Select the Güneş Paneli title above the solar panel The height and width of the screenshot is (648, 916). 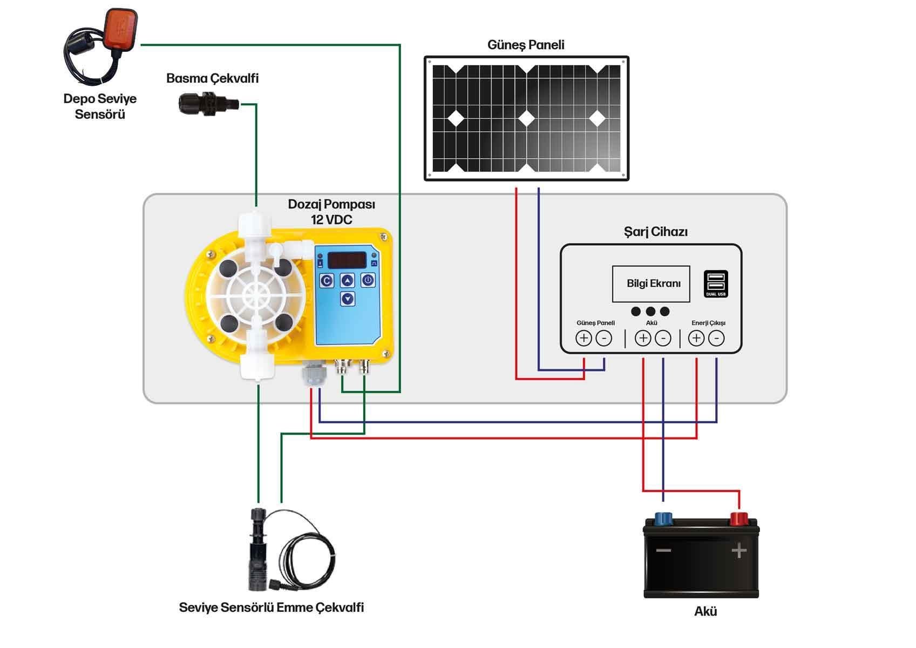pyautogui.click(x=526, y=45)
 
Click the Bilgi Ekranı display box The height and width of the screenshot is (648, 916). pyautogui.click(x=651, y=283)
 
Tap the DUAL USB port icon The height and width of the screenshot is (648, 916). pyautogui.click(x=716, y=283)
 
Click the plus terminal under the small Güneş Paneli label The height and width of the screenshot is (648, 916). pyautogui.click(x=583, y=339)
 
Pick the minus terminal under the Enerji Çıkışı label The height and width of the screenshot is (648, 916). pyautogui.click(x=716, y=339)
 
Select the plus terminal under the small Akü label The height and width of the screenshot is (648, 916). pyautogui.click(x=642, y=339)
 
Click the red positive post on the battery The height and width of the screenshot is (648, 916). pyautogui.click(x=738, y=519)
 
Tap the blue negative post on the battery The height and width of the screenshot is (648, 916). pyautogui.click(x=663, y=519)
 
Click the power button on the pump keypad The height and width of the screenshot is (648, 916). pyautogui.click(x=368, y=280)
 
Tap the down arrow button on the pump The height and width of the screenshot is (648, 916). pyautogui.click(x=348, y=298)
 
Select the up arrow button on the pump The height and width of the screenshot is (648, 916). pyautogui.click(x=347, y=280)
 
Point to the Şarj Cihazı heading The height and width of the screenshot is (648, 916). pyautogui.click(x=655, y=232)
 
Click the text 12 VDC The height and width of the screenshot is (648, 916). pyautogui.click(x=331, y=220)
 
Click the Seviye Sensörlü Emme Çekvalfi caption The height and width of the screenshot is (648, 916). pyautogui.click(x=271, y=607)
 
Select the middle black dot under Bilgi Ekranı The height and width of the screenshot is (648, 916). pyautogui.click(x=650, y=312)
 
